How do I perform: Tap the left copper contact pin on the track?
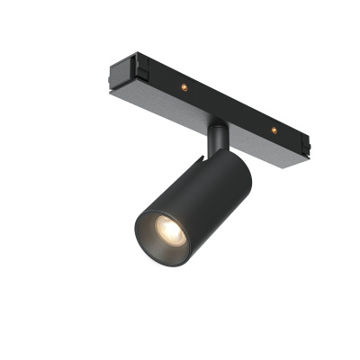pyautogui.click(x=183, y=86)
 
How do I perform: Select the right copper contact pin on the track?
pyautogui.click(x=273, y=130)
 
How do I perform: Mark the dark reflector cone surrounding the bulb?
pyautogui.click(x=158, y=239)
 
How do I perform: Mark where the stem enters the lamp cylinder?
pyautogui.click(x=215, y=155)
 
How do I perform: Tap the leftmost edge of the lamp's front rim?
pyautogui.click(x=135, y=237)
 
